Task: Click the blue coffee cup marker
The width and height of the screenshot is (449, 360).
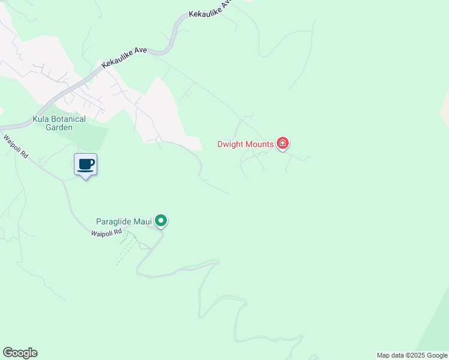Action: (x=86, y=164)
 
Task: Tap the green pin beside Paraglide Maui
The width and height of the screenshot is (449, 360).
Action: (x=161, y=221)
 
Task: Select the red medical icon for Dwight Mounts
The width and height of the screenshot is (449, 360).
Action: (x=283, y=143)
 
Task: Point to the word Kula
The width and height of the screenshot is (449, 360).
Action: (x=41, y=119)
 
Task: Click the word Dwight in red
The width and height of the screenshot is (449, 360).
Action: (x=231, y=144)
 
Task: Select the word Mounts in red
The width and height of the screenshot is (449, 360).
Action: (x=260, y=144)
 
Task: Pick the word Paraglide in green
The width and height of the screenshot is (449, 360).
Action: (x=116, y=222)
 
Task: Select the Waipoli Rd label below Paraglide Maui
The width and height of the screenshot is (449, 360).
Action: (x=106, y=232)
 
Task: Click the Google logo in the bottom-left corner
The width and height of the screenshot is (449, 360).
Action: (x=20, y=353)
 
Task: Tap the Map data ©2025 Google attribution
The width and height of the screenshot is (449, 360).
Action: (x=412, y=355)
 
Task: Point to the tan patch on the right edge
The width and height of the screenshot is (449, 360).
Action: (x=445, y=108)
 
